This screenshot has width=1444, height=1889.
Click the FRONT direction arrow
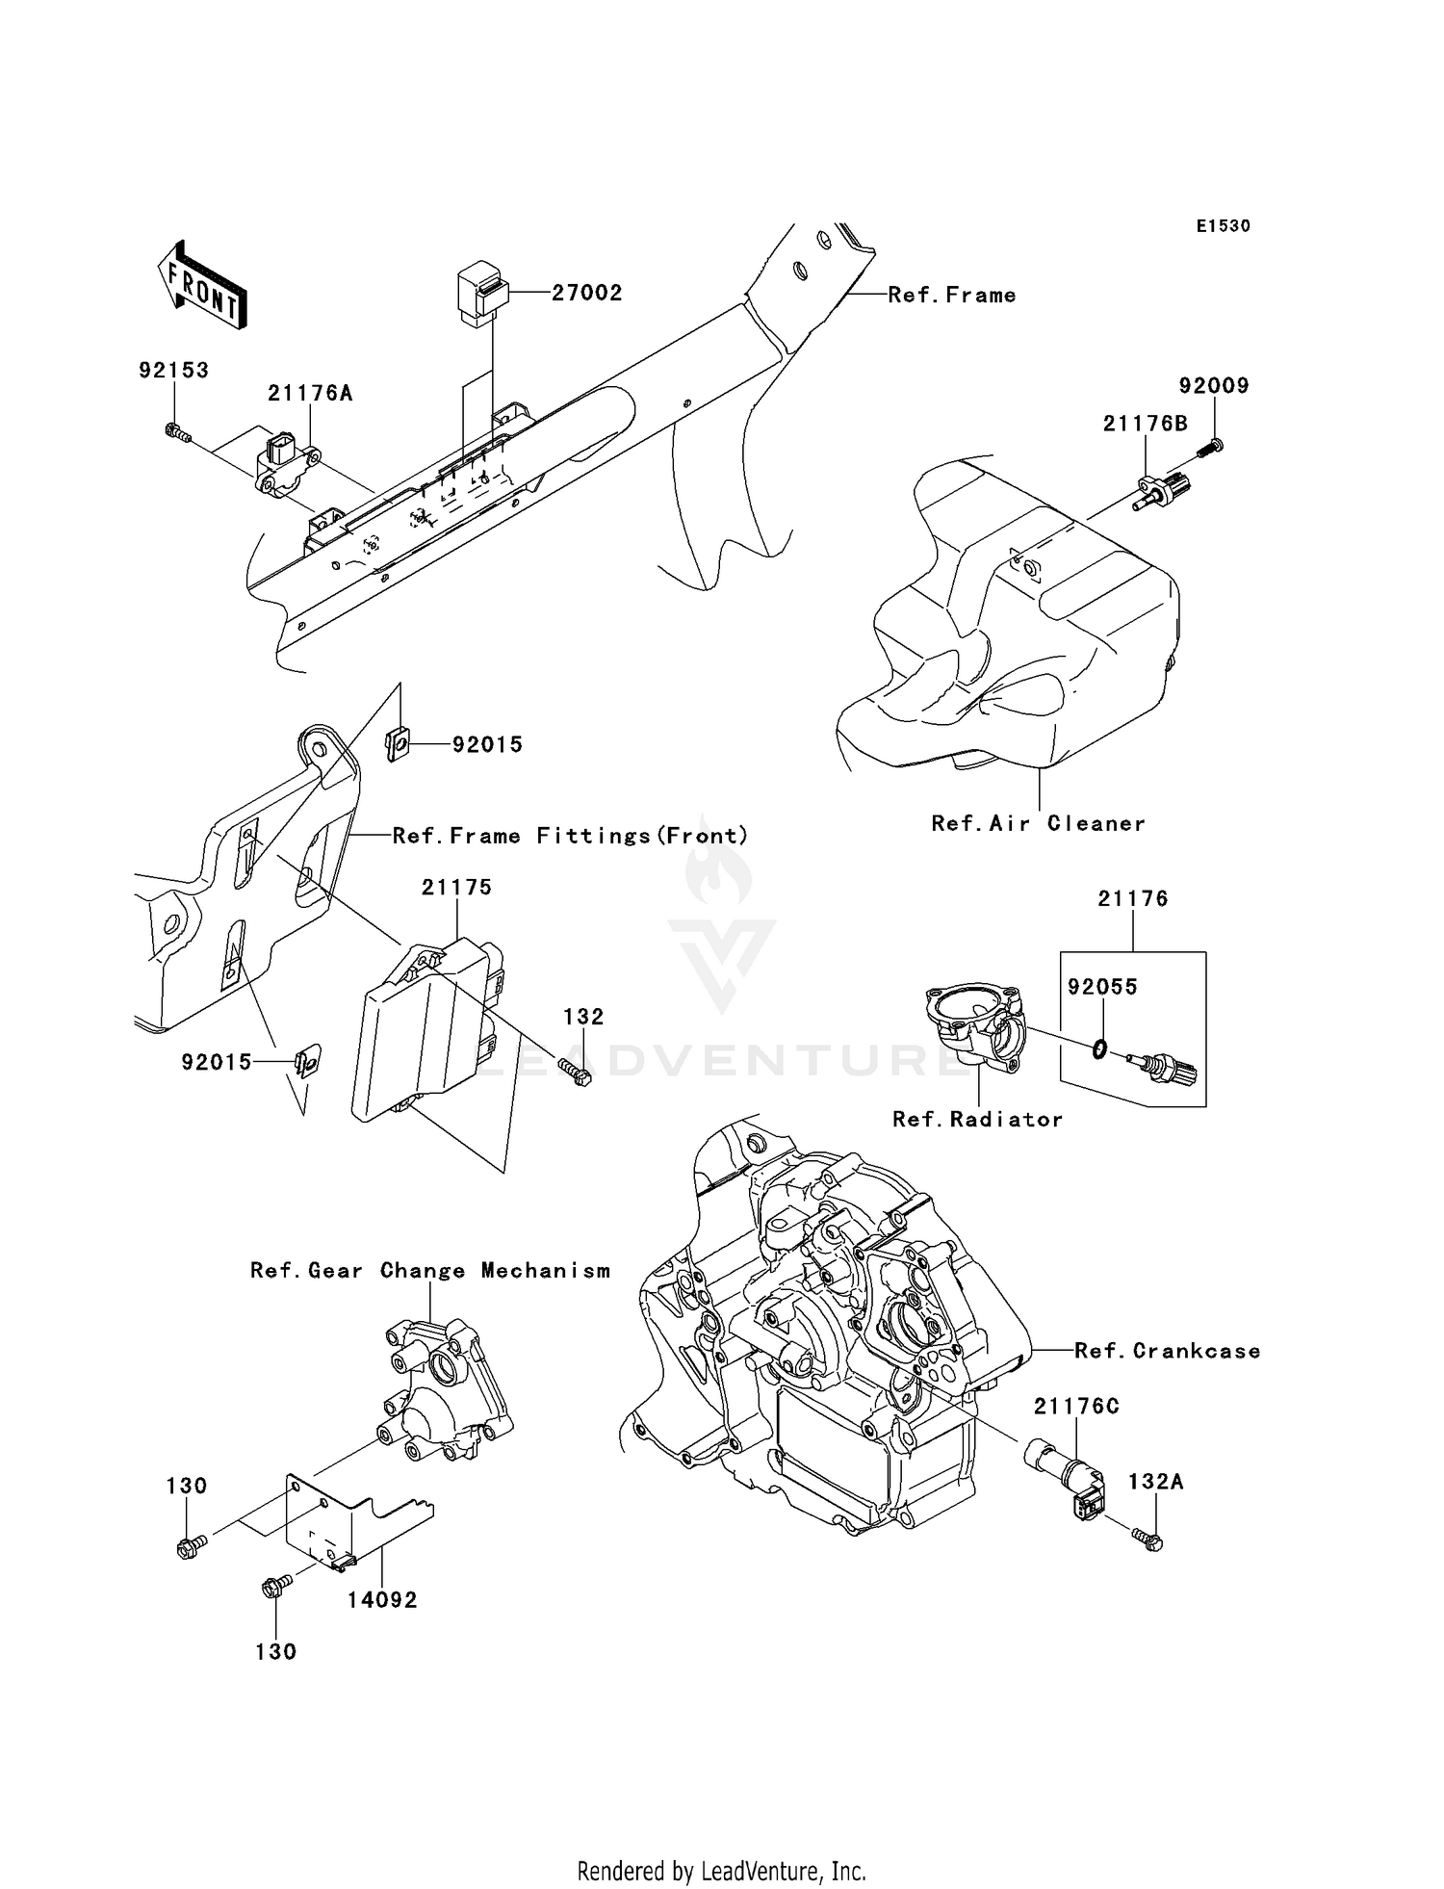point(202,286)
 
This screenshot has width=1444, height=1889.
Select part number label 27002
point(586,293)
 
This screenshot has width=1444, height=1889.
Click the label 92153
point(173,371)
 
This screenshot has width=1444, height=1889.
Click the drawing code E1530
point(1223,226)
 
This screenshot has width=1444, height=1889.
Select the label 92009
point(1213,386)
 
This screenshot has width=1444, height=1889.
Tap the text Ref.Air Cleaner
point(1038,823)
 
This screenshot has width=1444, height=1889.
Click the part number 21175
point(456,887)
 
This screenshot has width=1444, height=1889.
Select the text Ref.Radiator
point(977,1119)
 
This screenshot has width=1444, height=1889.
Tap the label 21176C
point(1076,1407)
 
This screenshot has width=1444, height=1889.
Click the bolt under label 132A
point(1147,1540)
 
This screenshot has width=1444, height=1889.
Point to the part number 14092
point(382,1599)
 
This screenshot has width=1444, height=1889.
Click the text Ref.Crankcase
point(1167,1351)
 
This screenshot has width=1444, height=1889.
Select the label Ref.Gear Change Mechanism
point(430,1271)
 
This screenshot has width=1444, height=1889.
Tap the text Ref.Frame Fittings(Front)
point(570,836)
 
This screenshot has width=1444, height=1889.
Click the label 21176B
point(1145,424)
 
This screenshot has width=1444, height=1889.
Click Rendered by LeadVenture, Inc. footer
point(721,1871)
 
